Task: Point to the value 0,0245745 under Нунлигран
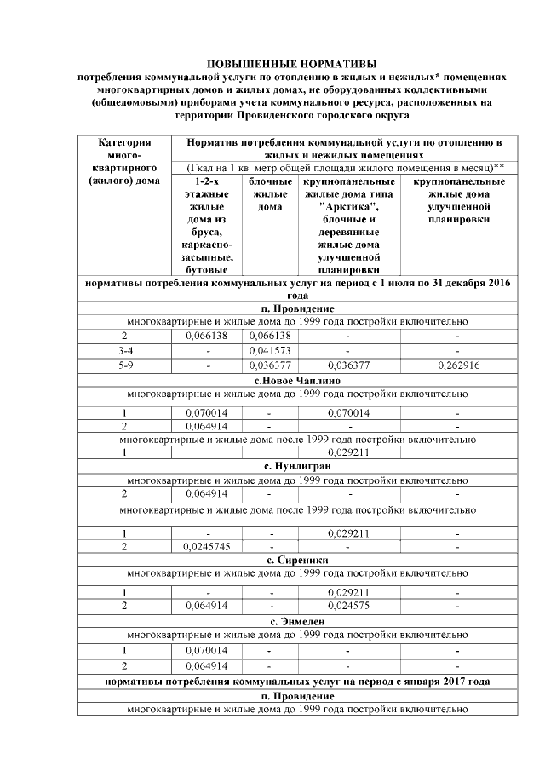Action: pos(208,547)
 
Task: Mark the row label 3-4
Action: pos(124,350)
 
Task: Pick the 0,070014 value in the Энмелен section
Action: pos(208,650)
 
